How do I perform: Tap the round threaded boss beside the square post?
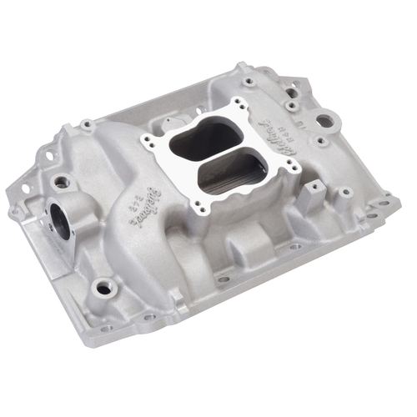344,193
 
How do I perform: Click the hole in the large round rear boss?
324,121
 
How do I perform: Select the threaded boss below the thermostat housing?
103,288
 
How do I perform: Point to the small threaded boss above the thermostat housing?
60,180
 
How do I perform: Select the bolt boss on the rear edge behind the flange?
249,82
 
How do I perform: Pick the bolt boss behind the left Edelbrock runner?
87,125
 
